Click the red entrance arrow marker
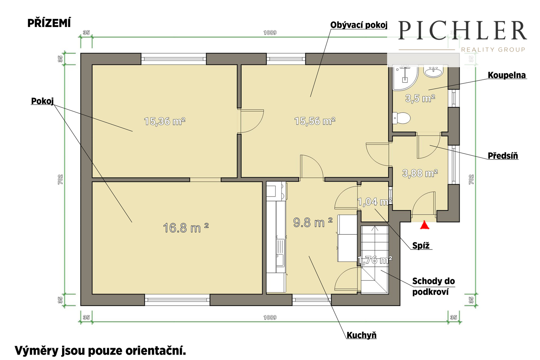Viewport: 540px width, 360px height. [x=425, y=225]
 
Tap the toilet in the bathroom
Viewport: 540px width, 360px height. [x=401, y=118]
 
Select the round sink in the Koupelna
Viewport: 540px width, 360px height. [x=433, y=72]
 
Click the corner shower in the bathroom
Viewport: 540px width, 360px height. [x=405, y=78]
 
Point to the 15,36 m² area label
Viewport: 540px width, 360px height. [x=165, y=121]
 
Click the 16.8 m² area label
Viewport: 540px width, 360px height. [x=186, y=228]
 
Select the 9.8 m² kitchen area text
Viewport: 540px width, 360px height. [x=313, y=222]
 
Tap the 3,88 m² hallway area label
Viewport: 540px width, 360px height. [x=420, y=173]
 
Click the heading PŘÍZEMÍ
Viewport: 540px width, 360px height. [x=49, y=23]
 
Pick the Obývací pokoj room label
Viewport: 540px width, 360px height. [x=359, y=25]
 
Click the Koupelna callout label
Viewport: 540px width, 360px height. [x=507, y=75]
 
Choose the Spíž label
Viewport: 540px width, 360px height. [x=421, y=246]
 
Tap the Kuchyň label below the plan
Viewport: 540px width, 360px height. [x=361, y=335]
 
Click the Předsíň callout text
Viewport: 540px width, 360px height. [x=503, y=156]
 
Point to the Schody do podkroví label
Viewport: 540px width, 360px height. [x=433, y=286]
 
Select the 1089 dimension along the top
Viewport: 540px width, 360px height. [x=270, y=32]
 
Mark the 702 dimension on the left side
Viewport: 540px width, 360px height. [x=60, y=180]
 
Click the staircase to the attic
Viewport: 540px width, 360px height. [x=375, y=260]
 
